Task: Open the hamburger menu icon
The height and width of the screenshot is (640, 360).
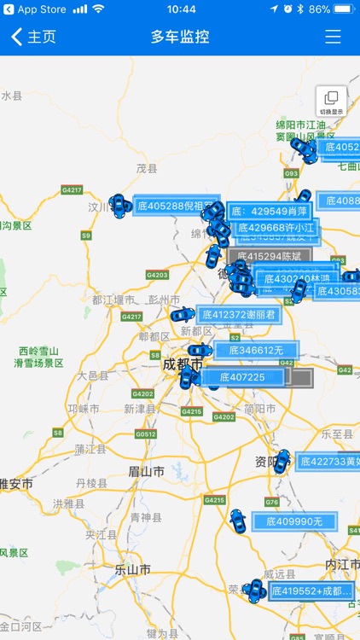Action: tap(333, 37)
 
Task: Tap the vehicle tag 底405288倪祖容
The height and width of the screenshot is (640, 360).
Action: tap(175, 206)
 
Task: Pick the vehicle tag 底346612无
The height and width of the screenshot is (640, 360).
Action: tap(255, 350)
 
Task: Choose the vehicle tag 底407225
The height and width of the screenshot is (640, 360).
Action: tap(242, 377)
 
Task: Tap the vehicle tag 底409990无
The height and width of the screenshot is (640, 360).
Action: tap(294, 521)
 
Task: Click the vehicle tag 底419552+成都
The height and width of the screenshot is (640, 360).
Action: tap(311, 591)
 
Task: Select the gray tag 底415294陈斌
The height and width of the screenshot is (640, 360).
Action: tap(270, 256)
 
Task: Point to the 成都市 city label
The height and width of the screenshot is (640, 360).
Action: tap(180, 365)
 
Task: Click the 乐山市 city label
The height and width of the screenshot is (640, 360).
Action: tap(132, 570)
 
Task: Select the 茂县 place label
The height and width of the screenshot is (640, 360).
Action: tap(147, 169)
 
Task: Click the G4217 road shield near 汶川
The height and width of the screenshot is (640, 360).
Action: tap(72, 189)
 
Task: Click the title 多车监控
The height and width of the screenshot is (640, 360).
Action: tap(180, 37)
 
